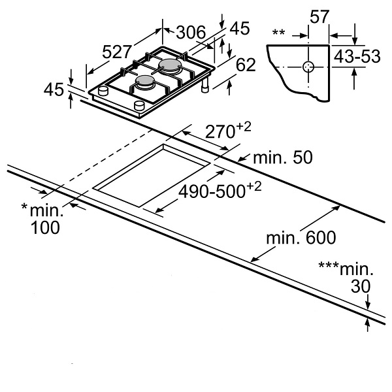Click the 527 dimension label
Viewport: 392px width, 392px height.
coord(118,51)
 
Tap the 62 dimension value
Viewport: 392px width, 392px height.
coord(244,64)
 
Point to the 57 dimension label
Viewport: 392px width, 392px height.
coord(319,18)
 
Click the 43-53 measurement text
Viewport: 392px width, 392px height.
coord(357,56)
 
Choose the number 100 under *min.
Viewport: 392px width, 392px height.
coord(44,227)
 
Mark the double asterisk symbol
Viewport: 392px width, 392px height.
coord(278,31)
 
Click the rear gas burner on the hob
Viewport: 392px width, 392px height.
coord(170,65)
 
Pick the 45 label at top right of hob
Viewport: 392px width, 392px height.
coord(240,28)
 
